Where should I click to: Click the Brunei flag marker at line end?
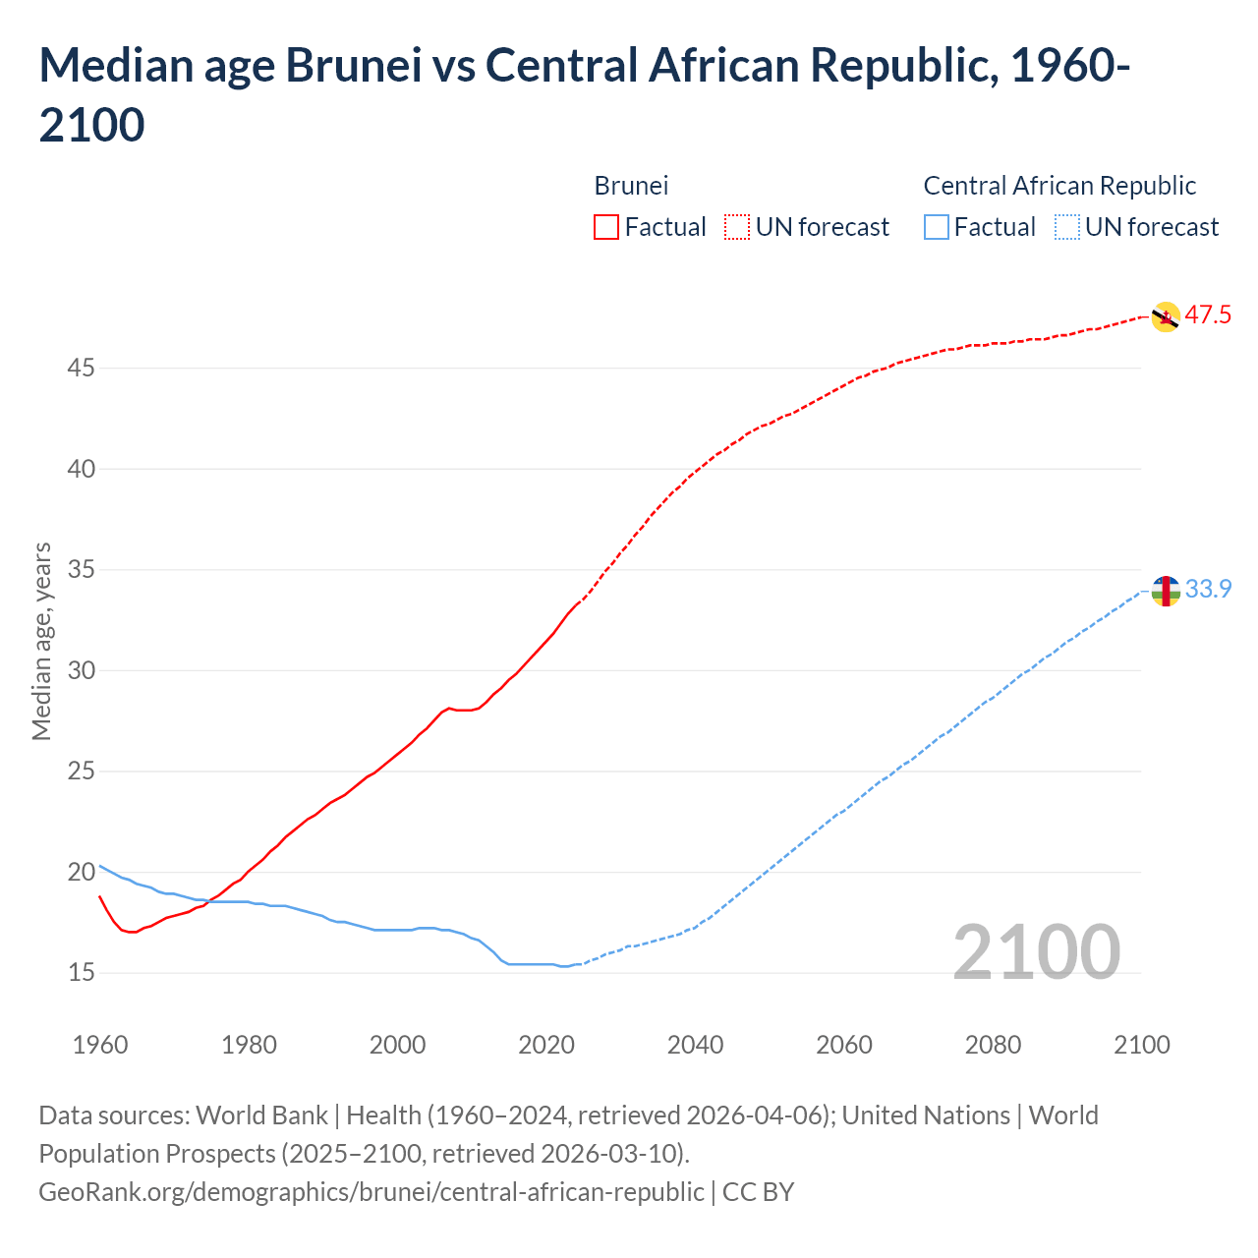pyautogui.click(x=1165, y=317)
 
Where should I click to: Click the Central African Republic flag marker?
pyautogui.click(x=1166, y=591)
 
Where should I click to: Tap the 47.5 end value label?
pyautogui.click(x=1208, y=315)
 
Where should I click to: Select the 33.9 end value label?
pyautogui.click(x=1208, y=589)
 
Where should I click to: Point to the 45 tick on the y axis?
pyautogui.click(x=82, y=369)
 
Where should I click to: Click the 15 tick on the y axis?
pyautogui.click(x=82, y=973)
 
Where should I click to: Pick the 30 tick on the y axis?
pyautogui.click(x=82, y=670)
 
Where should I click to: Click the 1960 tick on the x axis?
pyautogui.click(x=100, y=1045)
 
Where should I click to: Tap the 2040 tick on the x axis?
pyautogui.click(x=695, y=1045)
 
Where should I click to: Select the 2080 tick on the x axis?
pyautogui.click(x=993, y=1045)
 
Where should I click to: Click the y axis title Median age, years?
pyautogui.click(x=41, y=641)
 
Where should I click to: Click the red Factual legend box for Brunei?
pyautogui.click(x=606, y=227)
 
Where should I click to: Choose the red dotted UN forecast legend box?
pyautogui.click(x=737, y=227)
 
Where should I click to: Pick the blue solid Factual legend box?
pyautogui.click(x=937, y=227)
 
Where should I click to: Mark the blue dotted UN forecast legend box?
pyautogui.click(x=1067, y=227)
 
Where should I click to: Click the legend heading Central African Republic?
pyautogui.click(x=1059, y=186)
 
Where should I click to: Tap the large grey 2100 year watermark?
pyautogui.click(x=1036, y=952)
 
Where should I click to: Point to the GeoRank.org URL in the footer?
pyautogui.click(x=371, y=1192)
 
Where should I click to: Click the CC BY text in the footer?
pyautogui.click(x=758, y=1192)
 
